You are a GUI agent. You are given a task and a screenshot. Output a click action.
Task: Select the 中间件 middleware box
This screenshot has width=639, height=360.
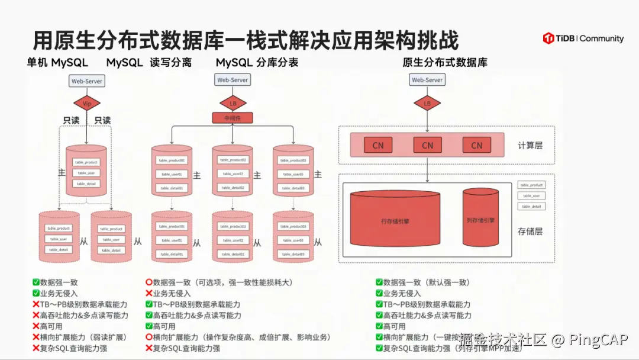coord(233,118)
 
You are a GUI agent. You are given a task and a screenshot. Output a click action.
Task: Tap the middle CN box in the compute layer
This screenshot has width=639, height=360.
coord(427,145)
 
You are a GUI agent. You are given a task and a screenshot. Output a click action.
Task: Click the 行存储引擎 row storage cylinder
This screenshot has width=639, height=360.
coord(395,221)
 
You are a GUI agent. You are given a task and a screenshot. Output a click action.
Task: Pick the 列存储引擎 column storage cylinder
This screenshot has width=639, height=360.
coord(480,220)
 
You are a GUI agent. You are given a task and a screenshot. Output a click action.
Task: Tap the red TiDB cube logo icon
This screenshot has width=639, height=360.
coord(548,38)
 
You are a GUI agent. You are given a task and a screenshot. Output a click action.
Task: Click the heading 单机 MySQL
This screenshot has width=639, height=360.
coord(57,63)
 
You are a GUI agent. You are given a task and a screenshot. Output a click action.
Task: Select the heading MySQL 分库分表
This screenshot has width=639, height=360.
coord(257,63)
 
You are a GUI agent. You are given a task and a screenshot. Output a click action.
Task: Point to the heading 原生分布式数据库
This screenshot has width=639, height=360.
coord(445,63)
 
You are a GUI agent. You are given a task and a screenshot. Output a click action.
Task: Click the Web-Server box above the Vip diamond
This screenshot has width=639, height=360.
coord(86,80)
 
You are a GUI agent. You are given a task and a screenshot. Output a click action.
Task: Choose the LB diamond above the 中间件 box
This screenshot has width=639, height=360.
coord(233,103)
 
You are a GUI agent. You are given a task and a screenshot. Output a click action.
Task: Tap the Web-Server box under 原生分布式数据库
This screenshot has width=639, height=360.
coord(427,80)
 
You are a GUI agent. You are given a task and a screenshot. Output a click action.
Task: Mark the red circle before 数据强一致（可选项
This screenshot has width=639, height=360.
coord(149,282)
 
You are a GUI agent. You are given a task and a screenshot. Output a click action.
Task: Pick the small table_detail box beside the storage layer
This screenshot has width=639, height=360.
coord(531,206)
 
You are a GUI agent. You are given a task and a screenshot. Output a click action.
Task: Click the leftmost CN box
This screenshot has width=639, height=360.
coord(378,145)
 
